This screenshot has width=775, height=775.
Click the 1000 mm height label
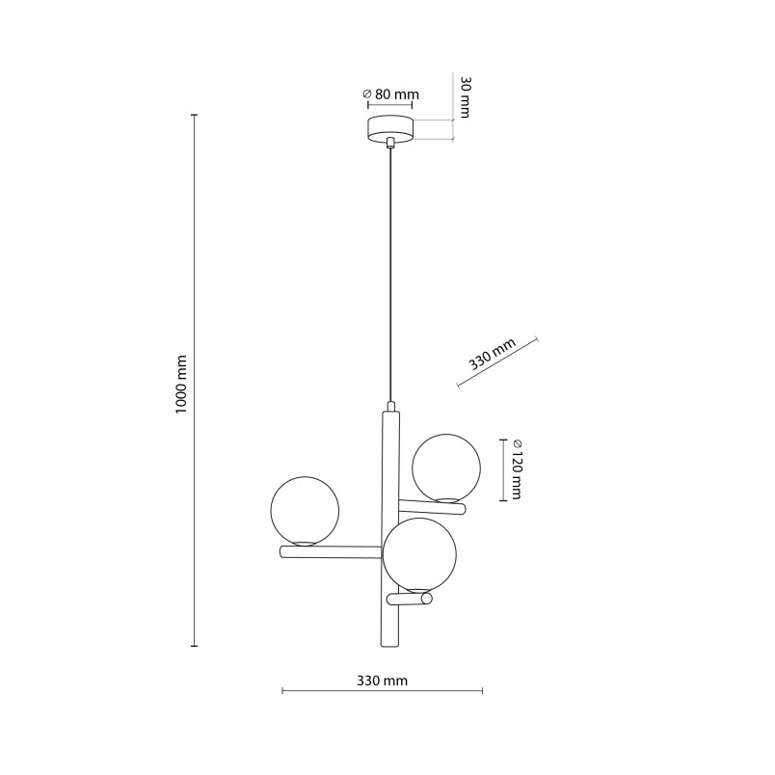[181, 385]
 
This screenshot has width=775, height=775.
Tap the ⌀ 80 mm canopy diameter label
[390, 94]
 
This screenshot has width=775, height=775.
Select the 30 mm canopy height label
[465, 96]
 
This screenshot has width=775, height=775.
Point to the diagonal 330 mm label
[493, 354]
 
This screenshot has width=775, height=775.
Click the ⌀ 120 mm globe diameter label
[517, 469]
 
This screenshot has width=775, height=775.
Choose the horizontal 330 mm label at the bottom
[382, 681]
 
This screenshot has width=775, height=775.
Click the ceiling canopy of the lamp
[390, 129]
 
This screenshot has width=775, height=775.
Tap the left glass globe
[305, 511]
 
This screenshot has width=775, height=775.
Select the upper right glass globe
[446, 468]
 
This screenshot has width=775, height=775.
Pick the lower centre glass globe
[419, 554]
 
